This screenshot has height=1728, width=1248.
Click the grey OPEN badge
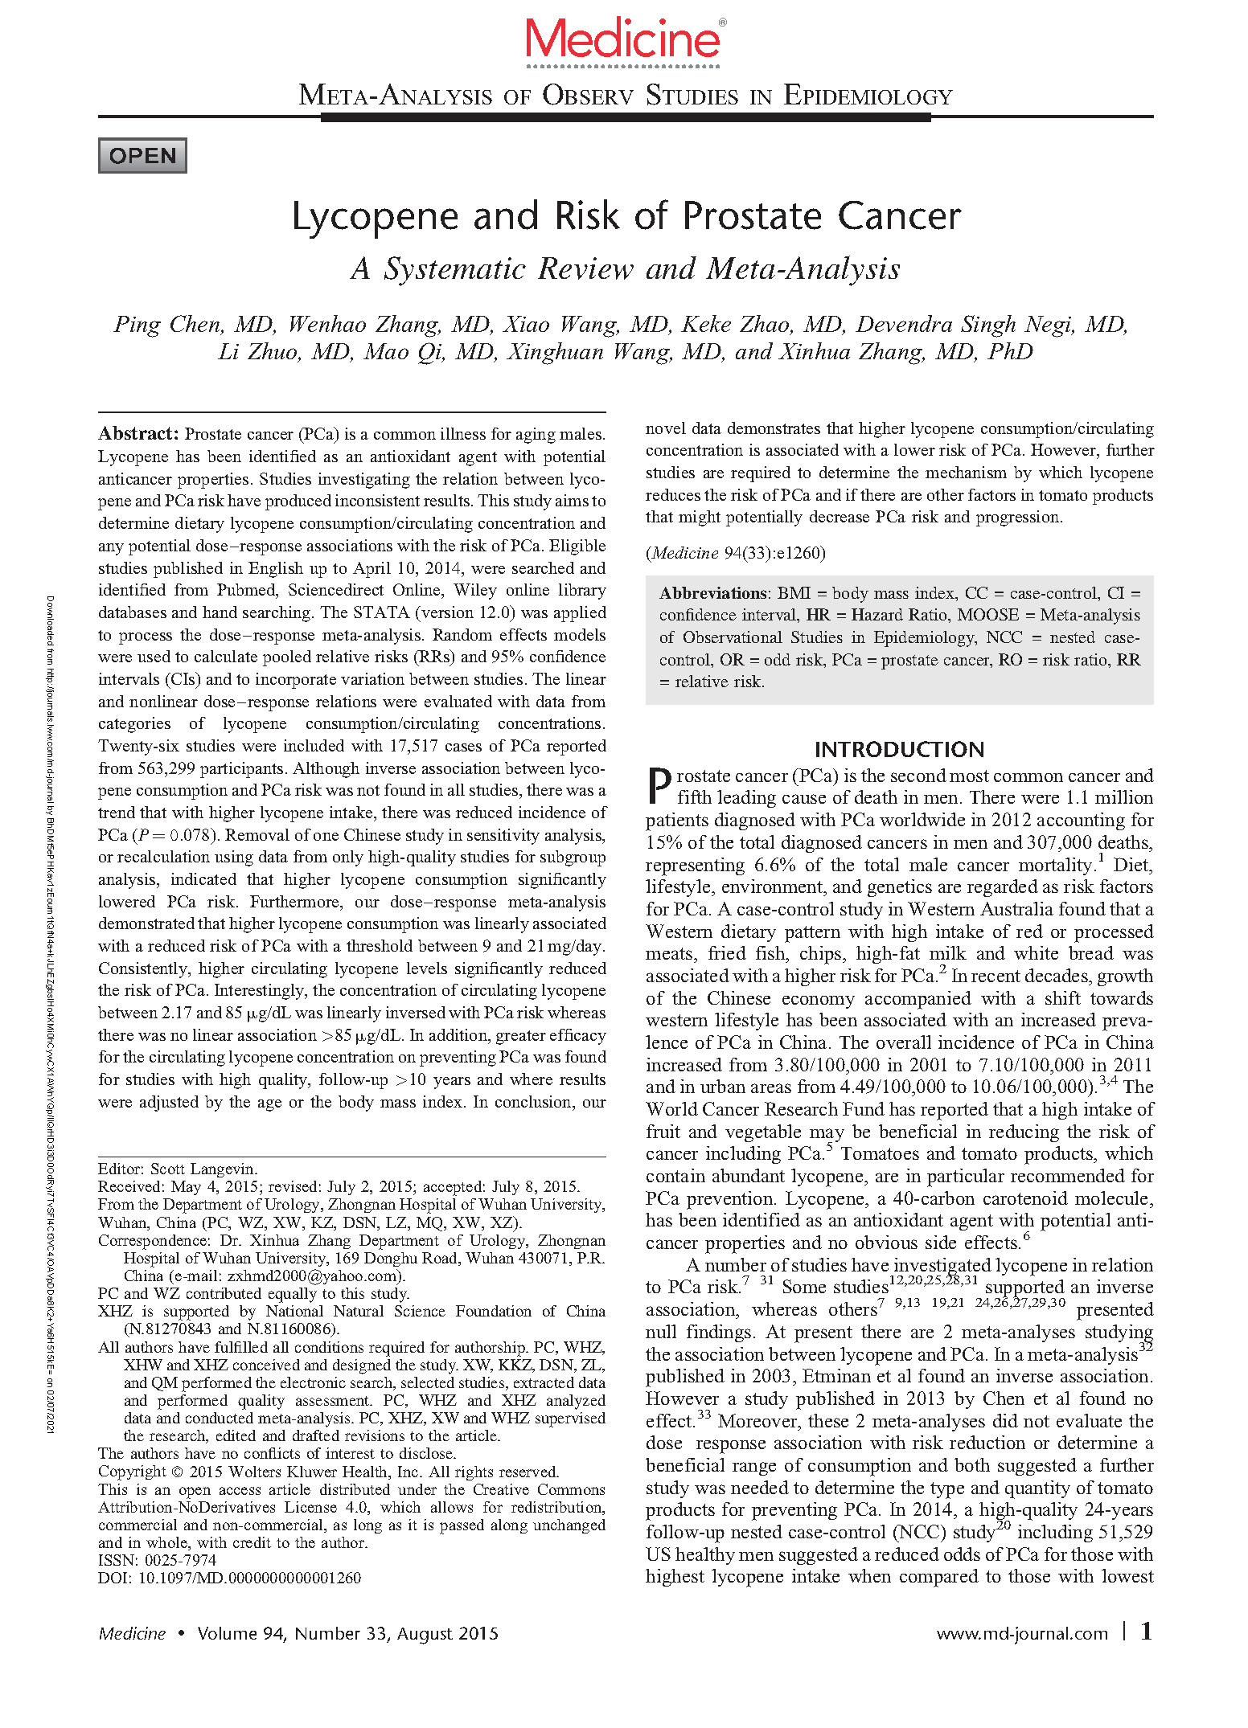[x=142, y=156]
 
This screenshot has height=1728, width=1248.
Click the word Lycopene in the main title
[x=375, y=217]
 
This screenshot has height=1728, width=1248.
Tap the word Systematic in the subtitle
[x=454, y=269]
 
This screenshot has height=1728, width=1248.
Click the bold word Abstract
[x=138, y=434]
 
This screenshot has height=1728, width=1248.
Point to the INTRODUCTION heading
[x=899, y=750]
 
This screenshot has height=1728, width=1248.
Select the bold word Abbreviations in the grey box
[x=713, y=593]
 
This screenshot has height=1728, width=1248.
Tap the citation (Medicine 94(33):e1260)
[x=735, y=553]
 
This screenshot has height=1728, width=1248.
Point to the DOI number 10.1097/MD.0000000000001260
[x=250, y=1578]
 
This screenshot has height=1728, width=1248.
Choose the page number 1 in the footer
[x=1146, y=1632]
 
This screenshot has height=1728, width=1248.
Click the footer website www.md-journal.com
[x=1021, y=1634]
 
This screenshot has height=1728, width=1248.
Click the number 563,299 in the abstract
[x=166, y=768]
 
